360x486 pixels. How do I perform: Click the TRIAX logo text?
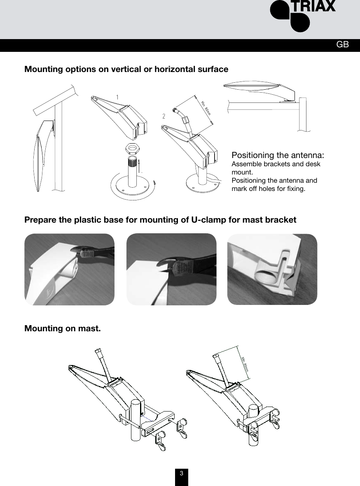[x=314, y=7]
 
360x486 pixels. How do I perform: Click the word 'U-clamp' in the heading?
[x=207, y=220]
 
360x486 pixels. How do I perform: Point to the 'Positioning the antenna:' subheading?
[x=278, y=156]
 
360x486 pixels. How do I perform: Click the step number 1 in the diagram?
[x=118, y=97]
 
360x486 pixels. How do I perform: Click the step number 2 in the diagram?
[x=164, y=116]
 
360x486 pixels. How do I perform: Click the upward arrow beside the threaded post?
[x=140, y=166]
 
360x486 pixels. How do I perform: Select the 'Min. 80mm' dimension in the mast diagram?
[x=245, y=362]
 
